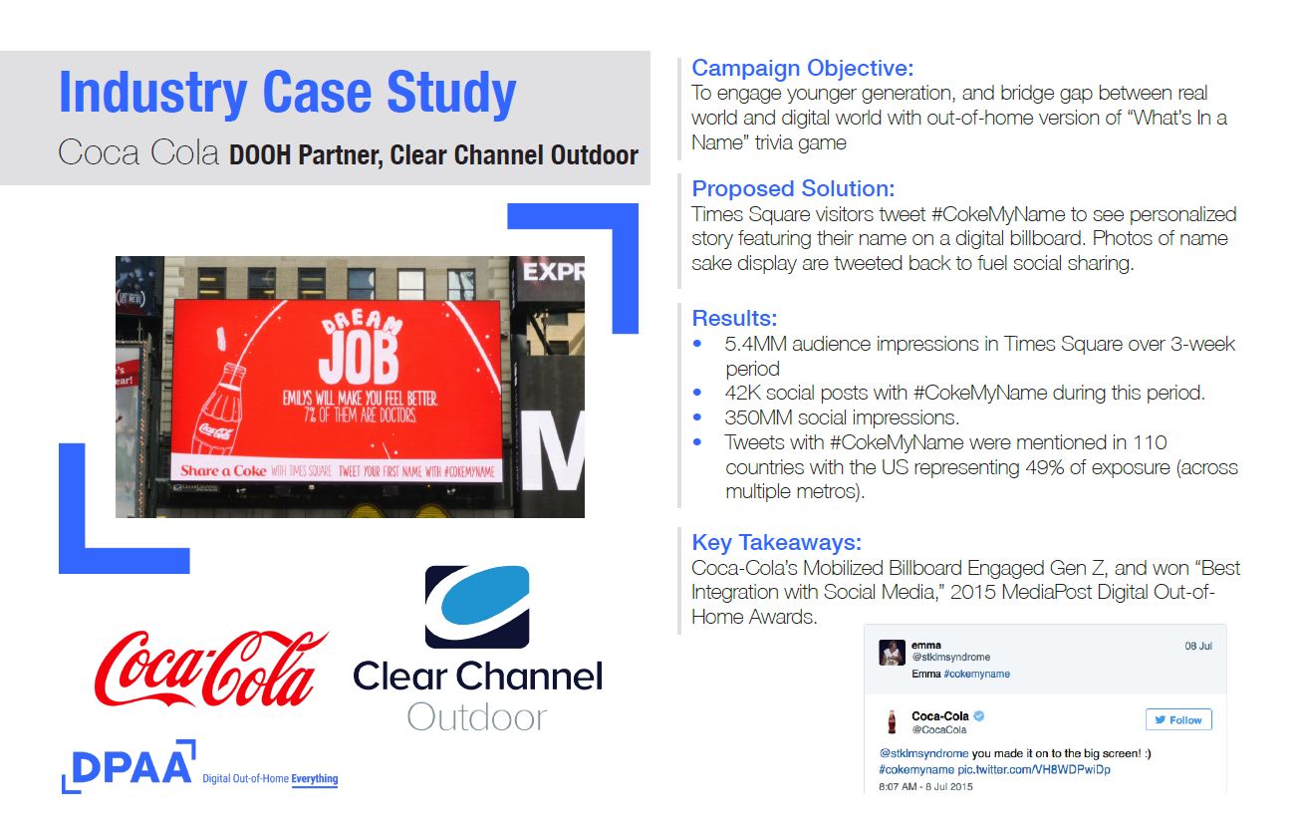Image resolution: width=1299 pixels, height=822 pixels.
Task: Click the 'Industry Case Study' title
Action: [288, 93]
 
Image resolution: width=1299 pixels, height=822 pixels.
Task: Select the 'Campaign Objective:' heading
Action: [803, 69]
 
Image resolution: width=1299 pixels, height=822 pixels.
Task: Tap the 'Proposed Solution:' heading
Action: [793, 189]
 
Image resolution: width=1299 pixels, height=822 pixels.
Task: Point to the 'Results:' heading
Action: [734, 319]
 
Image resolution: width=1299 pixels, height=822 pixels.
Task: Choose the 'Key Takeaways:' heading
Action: [776, 543]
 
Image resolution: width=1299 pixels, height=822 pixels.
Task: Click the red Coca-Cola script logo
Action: [211, 669]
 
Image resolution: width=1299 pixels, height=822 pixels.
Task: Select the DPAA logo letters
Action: [131, 767]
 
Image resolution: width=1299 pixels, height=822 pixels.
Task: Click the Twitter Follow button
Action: [1178, 720]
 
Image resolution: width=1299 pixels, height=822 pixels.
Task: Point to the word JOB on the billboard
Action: [359, 361]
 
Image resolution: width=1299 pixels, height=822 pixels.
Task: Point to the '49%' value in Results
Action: [1044, 467]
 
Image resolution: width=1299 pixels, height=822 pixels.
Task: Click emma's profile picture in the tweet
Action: [892, 653]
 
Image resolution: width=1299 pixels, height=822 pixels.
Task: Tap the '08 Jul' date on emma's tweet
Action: [1198, 647]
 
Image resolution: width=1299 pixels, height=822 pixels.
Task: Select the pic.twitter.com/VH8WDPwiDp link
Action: [1033, 770]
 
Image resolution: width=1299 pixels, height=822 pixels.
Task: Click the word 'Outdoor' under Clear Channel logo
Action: [477, 718]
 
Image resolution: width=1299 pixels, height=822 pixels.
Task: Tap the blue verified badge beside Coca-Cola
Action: [979, 715]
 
